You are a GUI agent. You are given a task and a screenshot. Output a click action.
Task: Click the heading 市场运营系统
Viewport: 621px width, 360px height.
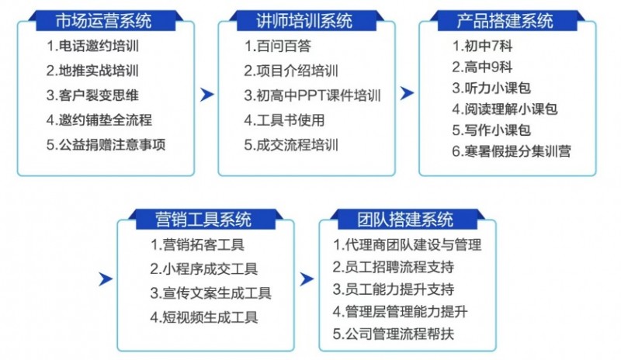(103, 21)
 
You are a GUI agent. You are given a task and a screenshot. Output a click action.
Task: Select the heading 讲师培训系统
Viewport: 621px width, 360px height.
(304, 21)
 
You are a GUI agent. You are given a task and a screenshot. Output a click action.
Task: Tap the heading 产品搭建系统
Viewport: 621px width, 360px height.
(505, 21)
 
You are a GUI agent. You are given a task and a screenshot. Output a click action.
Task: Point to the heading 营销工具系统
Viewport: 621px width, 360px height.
(203, 220)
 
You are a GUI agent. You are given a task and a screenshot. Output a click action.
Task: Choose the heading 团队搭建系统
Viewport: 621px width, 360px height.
(405, 220)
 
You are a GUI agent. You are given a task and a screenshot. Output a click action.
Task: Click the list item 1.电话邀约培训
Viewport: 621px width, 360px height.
(92, 46)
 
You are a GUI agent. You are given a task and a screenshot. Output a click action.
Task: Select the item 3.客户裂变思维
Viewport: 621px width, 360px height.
(92, 95)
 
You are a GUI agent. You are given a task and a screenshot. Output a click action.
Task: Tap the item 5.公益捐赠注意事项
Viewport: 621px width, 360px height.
(106, 144)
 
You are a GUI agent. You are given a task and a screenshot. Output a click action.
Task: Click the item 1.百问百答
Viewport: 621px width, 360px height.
(278, 46)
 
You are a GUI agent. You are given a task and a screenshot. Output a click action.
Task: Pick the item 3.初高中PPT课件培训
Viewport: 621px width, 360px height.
(313, 95)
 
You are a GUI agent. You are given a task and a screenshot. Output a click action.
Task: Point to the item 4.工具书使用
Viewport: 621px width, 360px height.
(284, 120)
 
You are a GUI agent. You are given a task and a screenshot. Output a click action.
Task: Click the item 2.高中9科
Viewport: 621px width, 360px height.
(482, 67)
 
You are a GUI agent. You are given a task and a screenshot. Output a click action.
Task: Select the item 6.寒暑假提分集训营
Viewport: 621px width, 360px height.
(512, 151)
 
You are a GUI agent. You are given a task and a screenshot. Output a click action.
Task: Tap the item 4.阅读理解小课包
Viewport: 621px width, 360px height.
(505, 109)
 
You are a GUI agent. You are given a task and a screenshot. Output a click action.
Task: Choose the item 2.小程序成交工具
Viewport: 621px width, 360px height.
(204, 269)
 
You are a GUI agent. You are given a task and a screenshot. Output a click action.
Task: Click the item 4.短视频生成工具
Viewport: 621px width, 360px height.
(204, 317)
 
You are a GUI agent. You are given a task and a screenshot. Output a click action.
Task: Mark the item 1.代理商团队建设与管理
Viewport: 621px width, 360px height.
(407, 244)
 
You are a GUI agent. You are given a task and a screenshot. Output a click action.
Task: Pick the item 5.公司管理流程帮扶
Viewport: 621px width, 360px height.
(394, 334)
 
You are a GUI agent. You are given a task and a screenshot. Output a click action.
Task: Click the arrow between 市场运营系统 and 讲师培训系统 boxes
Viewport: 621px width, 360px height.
(207, 95)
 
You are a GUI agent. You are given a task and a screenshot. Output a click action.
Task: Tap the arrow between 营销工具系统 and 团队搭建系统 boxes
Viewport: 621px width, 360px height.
(307, 279)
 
